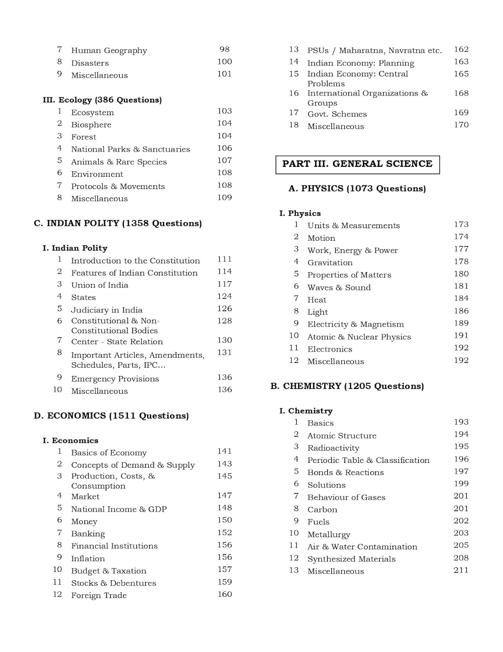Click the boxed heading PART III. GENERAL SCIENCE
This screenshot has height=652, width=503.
coord(357,164)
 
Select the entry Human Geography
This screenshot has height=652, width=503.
coord(109,50)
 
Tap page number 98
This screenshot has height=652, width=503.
coord(224,50)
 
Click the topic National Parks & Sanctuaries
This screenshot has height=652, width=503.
coord(130,149)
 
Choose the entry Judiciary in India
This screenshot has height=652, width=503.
coord(106,310)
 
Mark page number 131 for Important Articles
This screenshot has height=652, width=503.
coord(224,353)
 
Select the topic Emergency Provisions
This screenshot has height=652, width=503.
coord(115,379)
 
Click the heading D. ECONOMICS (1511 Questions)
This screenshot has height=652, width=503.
coord(111,416)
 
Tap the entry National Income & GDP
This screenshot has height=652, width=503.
coord(119,509)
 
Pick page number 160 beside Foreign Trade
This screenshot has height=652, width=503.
coord(224,594)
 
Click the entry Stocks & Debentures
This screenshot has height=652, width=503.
coord(113,583)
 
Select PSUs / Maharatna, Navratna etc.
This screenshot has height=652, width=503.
coord(375,50)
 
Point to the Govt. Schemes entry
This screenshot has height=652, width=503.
coord(337,114)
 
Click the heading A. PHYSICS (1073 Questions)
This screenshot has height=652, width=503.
coord(357,189)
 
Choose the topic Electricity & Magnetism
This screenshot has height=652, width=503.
coord(355,324)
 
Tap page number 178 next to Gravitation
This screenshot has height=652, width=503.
coord(461,262)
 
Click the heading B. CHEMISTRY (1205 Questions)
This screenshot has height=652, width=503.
coord(347,386)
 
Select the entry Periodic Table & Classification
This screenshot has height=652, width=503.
coord(368,460)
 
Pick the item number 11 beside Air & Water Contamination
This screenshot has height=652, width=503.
coord(294,546)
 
